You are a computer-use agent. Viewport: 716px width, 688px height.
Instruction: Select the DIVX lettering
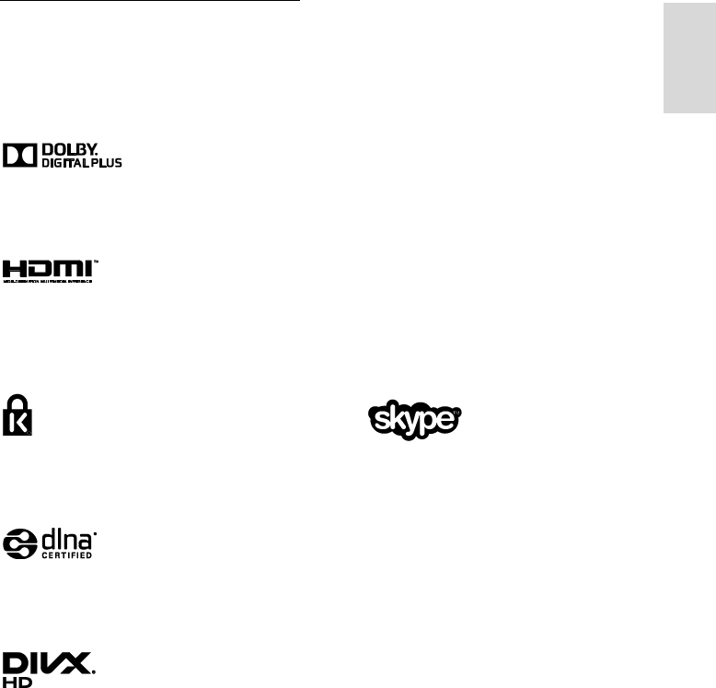(48, 661)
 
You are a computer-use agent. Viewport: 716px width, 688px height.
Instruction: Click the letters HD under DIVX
(17, 681)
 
